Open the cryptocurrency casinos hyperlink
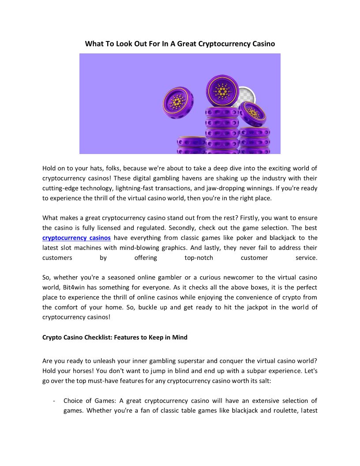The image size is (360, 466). pos(76,238)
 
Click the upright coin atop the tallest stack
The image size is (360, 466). pos(222,90)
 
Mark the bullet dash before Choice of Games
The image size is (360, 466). pos(53,401)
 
